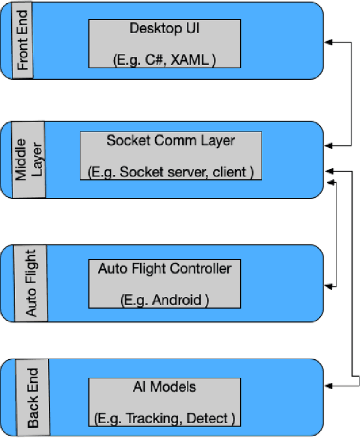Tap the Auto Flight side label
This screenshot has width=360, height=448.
31,283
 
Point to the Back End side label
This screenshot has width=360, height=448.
33,397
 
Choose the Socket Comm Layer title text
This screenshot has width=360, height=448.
170,140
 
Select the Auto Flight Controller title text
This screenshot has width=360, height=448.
164,268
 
